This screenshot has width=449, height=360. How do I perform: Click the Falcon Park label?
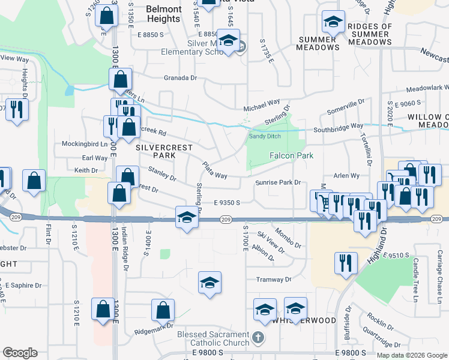pos(292,155)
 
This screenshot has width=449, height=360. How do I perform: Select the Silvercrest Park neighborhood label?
pos(155,151)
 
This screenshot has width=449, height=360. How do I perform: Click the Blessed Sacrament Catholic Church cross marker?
pos(258,337)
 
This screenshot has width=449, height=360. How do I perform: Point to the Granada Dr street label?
pos(181,78)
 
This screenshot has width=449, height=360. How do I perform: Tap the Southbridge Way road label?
pos(338,127)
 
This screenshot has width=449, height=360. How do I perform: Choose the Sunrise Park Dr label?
pos(277,182)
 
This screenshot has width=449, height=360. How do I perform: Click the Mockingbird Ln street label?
pos(85,144)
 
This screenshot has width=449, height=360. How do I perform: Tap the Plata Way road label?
pos(214,170)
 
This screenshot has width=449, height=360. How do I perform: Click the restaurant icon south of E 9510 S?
pos(345,262)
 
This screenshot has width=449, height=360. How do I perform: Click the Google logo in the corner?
pos(20,353)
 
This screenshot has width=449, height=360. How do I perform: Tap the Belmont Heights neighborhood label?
pos(163,14)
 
